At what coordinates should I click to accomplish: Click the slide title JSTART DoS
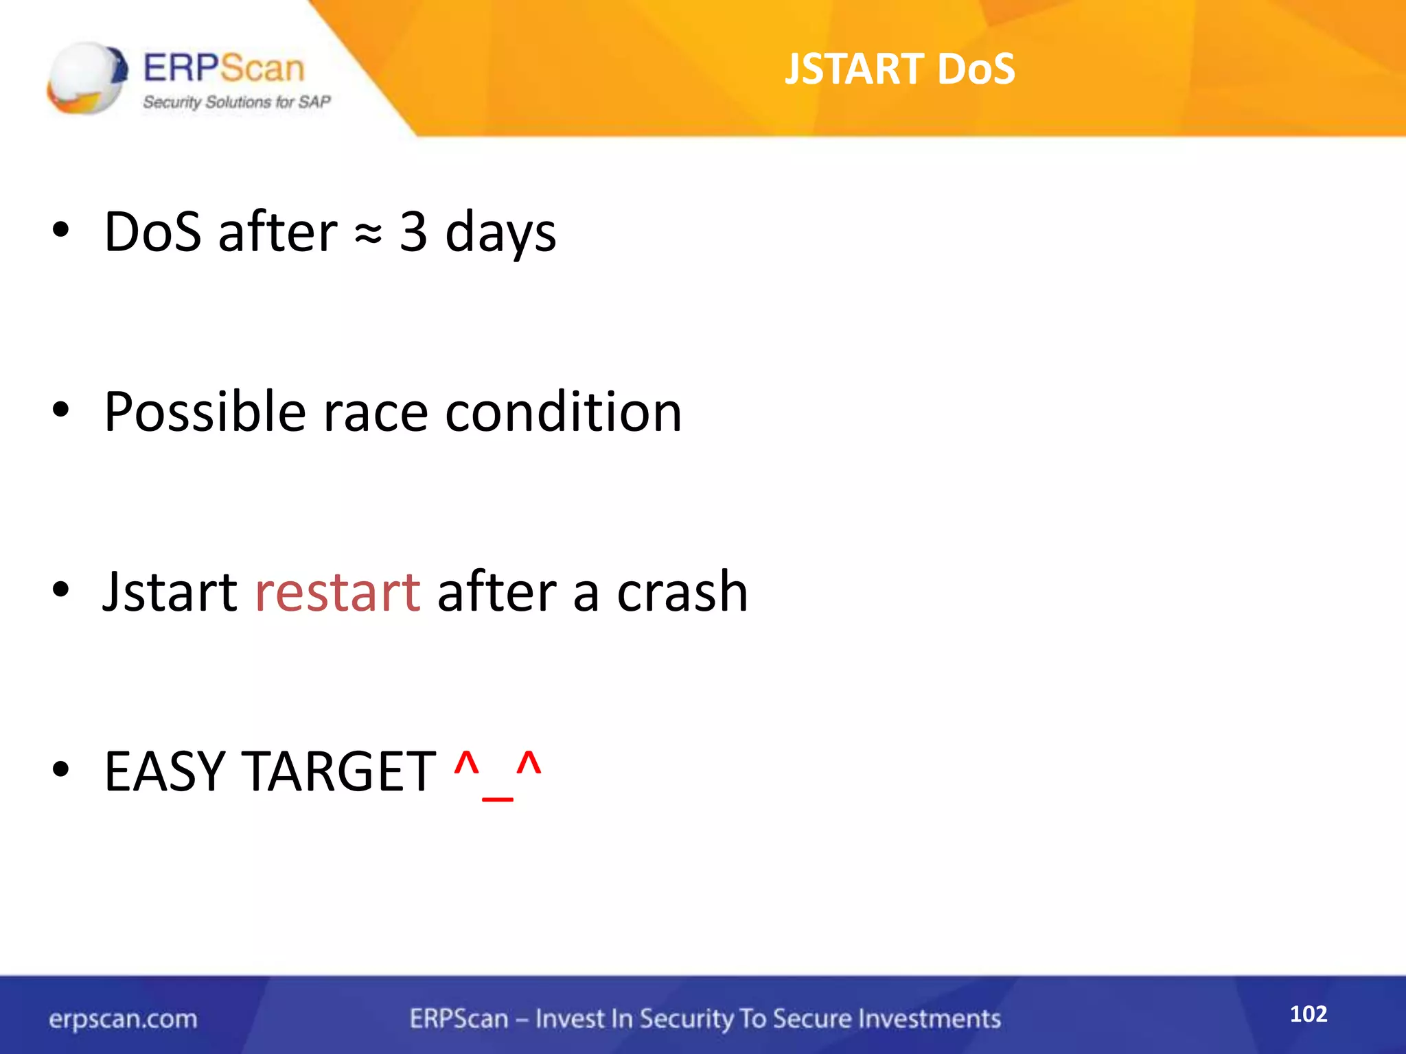(899, 69)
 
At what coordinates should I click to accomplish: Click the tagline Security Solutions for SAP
(237, 102)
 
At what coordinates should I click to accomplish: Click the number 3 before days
(413, 232)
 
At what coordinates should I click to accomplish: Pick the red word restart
(337, 592)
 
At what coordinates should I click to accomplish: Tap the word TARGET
(339, 772)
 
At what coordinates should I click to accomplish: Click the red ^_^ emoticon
(498, 774)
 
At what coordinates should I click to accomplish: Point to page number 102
(1308, 1014)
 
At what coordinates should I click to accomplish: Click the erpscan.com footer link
(123, 1019)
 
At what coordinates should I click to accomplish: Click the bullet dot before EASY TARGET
(61, 771)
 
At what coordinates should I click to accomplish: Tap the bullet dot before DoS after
(61, 231)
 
